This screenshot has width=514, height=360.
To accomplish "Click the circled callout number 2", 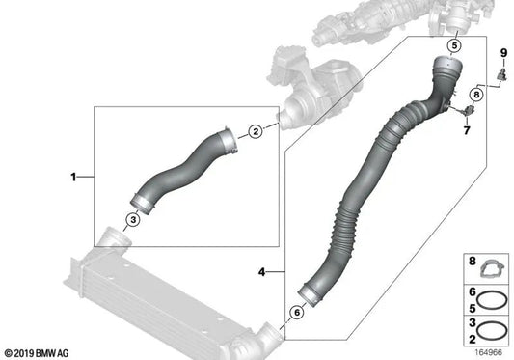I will coord(256,131).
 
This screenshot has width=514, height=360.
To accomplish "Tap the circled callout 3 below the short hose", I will coord(133,221).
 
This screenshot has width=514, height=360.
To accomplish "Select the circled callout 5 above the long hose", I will coord(454,45).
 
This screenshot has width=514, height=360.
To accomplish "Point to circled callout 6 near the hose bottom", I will coord(296,312).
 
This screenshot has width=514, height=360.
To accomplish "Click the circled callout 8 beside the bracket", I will coord(476,94).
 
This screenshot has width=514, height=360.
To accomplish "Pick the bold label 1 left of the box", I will coord(73,178).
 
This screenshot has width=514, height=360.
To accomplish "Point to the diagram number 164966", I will coord(489,352).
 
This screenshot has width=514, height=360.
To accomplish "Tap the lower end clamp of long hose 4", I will coord(308,290).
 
